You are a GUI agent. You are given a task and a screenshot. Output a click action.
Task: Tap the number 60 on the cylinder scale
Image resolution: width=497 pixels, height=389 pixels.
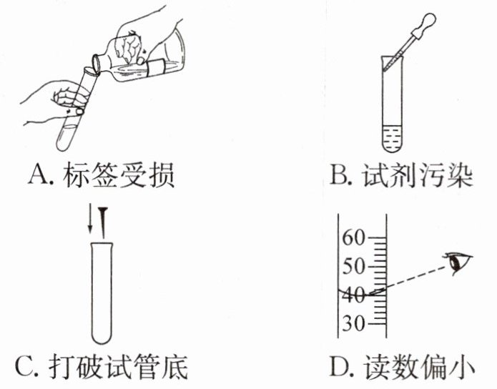(x=354, y=237)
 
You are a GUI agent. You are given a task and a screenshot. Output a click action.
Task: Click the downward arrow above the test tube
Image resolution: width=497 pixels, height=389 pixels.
(x=90, y=218)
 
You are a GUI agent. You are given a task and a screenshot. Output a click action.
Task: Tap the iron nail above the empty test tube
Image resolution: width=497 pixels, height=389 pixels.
(x=103, y=222)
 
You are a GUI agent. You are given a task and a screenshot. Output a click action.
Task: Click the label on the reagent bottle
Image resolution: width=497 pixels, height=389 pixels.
(x=156, y=69)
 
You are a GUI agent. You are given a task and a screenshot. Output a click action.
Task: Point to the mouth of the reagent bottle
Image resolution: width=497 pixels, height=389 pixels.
(x=97, y=64)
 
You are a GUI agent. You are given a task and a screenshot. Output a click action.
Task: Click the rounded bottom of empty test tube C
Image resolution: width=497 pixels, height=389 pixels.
(x=102, y=338)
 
